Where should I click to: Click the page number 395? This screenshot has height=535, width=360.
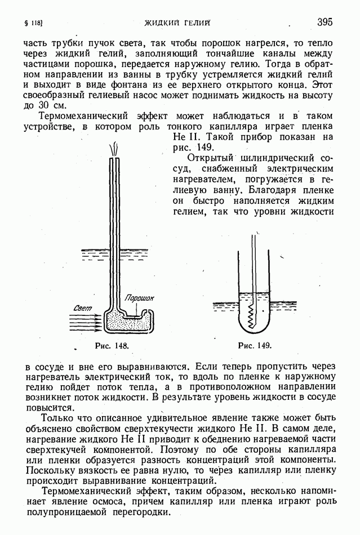pyautogui.click(x=325, y=22)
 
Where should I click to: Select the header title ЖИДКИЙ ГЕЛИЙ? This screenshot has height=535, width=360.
pyautogui.click(x=177, y=23)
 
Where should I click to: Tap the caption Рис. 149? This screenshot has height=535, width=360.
pyautogui.click(x=255, y=345)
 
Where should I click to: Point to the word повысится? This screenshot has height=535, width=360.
pyautogui.click(x=50, y=407)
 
